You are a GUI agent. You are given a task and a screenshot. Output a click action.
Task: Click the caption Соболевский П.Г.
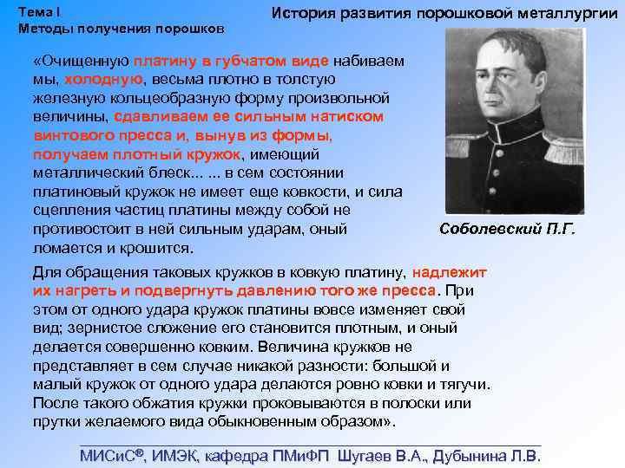pos(508,230)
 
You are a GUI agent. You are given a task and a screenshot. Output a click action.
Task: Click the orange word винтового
pos(70,135)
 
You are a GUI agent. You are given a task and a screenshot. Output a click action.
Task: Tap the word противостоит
pos(82,230)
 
